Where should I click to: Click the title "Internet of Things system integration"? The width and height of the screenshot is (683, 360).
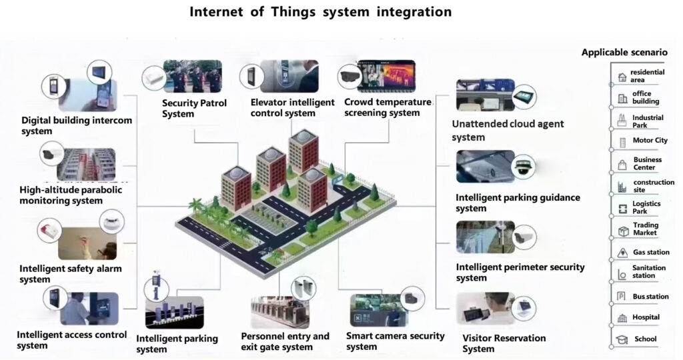click(x=320, y=12)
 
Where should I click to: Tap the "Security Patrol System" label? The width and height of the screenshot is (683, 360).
click(x=194, y=108)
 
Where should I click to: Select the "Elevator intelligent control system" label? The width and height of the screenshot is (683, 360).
click(x=292, y=107)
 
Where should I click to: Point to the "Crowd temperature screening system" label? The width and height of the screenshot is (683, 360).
click(x=388, y=107)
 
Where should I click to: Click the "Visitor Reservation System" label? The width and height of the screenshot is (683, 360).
click(x=504, y=343)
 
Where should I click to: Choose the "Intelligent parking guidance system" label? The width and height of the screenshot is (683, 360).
click(x=518, y=203)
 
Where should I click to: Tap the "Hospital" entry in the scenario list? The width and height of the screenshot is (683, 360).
click(x=646, y=317)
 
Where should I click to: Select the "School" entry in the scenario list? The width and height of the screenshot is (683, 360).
click(x=645, y=339)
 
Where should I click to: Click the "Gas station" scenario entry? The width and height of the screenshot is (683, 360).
click(x=648, y=253)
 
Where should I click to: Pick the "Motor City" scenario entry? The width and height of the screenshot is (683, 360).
click(x=650, y=141)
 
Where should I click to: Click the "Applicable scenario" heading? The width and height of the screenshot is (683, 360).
click(x=624, y=52)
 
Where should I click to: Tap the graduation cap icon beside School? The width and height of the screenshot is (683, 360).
click(x=622, y=339)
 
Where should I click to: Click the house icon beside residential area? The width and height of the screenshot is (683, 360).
click(x=622, y=76)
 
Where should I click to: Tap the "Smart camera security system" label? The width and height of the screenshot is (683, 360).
click(x=395, y=341)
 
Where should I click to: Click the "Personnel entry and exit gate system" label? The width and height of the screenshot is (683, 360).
click(x=285, y=341)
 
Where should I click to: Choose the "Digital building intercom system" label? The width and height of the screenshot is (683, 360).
click(x=77, y=126)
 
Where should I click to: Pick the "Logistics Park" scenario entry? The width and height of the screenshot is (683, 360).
click(x=646, y=207)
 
